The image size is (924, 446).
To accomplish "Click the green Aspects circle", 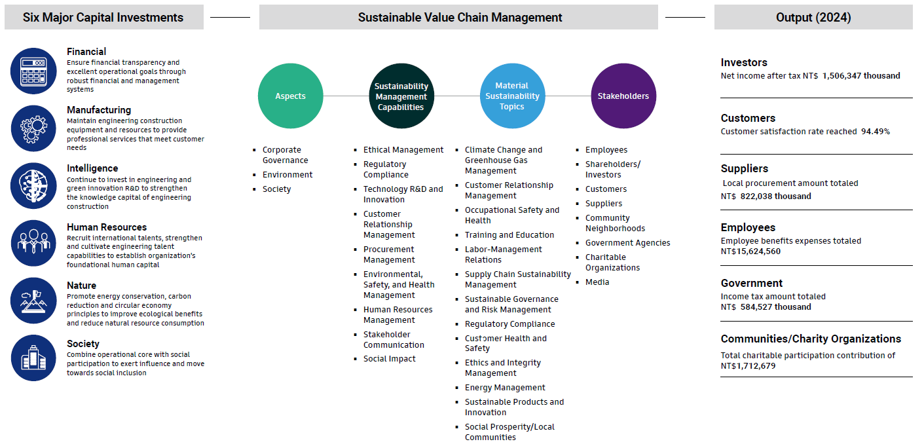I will click(290, 96).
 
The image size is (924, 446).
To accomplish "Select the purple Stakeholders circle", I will click(623, 96).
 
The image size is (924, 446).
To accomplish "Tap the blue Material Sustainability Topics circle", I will click(512, 96).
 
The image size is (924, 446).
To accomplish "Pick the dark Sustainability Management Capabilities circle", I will click(401, 96).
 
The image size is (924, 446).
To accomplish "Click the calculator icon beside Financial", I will click(33, 71).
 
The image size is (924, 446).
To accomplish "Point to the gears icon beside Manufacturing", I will click(33, 128).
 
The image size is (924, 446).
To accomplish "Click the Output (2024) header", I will click(813, 18).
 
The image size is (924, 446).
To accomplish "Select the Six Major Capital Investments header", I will click(103, 18).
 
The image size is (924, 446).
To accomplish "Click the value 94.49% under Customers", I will click(876, 132).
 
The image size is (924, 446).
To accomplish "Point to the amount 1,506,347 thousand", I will click(861, 76).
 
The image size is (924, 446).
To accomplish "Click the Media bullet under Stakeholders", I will click(597, 282).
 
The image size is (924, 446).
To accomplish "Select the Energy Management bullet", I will click(505, 388).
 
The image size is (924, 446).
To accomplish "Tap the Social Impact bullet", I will click(390, 359).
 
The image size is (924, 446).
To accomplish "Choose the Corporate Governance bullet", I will click(285, 155).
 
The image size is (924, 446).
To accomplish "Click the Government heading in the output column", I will click(752, 283).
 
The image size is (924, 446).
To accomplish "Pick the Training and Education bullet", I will click(509, 235).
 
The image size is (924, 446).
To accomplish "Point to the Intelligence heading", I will click(92, 168).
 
